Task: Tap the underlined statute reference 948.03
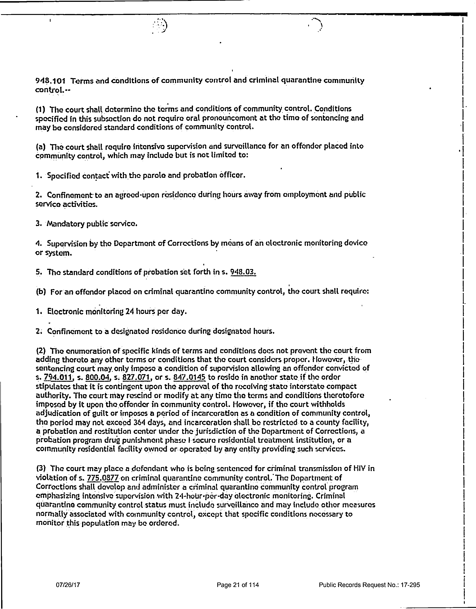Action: tap(243, 272)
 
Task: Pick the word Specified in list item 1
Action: tap(64, 176)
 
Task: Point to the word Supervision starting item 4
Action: tap(67, 243)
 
